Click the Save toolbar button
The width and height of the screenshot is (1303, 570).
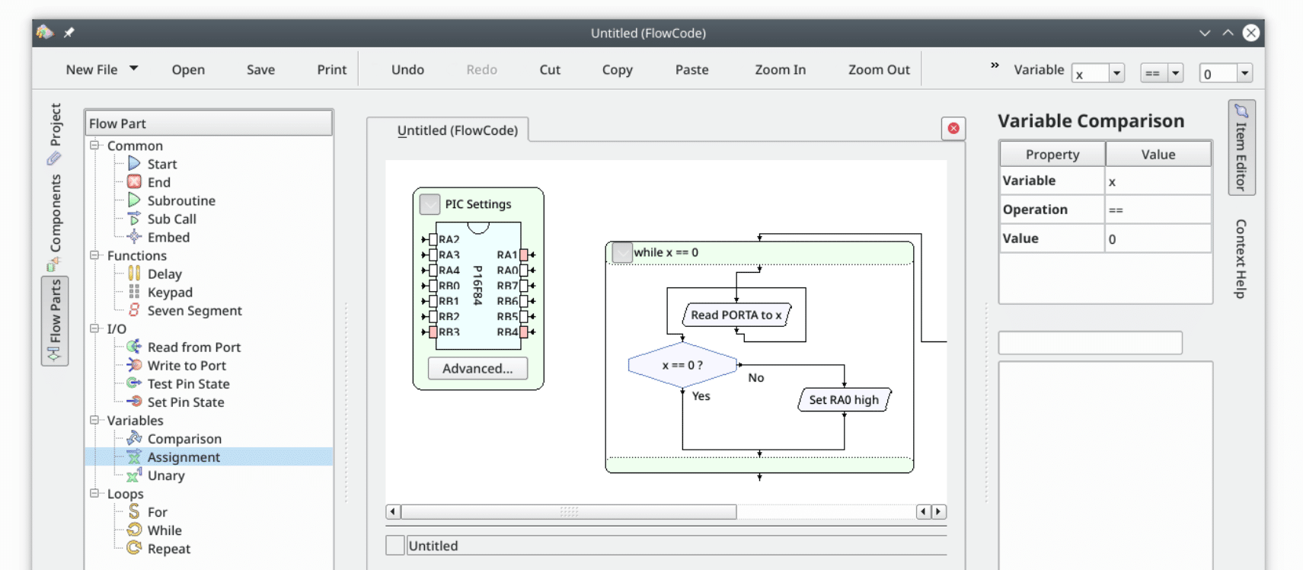tap(260, 69)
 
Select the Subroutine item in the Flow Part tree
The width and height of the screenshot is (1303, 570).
tap(180, 200)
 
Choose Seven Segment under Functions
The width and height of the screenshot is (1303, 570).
tap(194, 310)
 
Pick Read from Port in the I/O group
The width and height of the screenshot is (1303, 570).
tap(193, 347)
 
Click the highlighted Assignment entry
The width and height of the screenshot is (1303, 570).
tap(184, 456)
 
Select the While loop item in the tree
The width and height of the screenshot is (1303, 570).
tap(164, 530)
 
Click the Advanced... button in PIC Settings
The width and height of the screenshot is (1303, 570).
tap(477, 368)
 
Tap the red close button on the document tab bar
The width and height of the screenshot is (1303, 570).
tap(953, 128)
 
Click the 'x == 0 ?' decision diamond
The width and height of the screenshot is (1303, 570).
tap(682, 365)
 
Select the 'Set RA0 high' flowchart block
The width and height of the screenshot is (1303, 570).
tap(844, 399)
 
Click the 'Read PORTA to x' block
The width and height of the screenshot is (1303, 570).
tap(736, 315)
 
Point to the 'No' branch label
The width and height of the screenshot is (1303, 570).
tap(755, 377)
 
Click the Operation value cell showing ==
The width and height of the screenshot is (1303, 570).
tap(1158, 210)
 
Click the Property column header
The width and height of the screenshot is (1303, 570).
tap(1052, 154)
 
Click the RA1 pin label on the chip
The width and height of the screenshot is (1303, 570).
tap(506, 255)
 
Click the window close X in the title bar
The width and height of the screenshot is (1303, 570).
tap(1250, 33)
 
